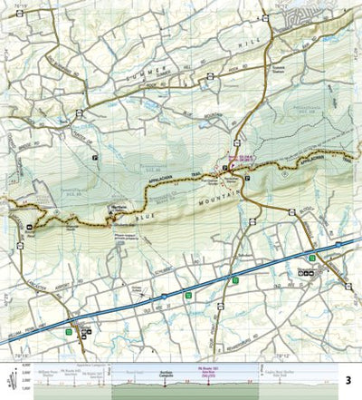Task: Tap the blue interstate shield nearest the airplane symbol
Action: point(162,294)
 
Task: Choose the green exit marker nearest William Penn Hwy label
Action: point(68,333)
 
